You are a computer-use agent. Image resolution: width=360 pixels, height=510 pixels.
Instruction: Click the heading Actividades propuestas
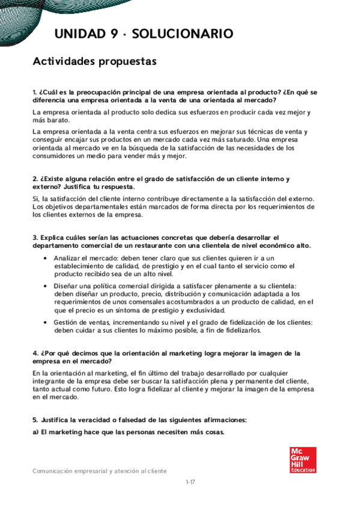(94, 61)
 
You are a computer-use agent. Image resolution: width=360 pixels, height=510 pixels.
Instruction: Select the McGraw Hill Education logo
(302, 460)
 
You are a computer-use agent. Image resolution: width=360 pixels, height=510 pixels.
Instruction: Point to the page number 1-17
(191, 482)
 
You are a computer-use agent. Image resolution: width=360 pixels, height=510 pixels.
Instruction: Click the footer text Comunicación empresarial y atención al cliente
(100, 471)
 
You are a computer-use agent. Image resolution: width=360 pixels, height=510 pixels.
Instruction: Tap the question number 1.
(34, 92)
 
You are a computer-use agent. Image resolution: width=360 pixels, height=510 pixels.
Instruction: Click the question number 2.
(34, 179)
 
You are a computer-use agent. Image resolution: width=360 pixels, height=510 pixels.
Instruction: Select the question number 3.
(34, 238)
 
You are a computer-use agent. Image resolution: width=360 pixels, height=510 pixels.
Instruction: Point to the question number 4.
(34, 353)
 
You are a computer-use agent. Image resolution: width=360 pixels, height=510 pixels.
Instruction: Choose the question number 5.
(34, 419)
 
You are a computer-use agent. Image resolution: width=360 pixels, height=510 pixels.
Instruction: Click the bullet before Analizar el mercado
(46, 258)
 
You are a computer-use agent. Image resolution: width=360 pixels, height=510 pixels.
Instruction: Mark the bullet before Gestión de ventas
(46, 322)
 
